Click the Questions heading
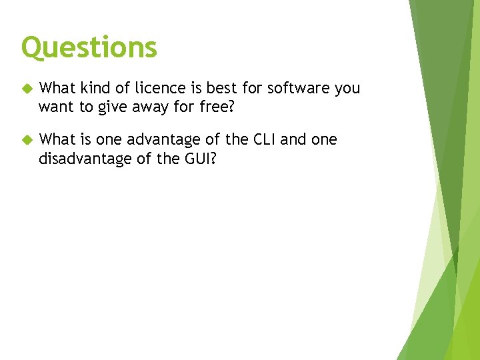click(x=89, y=47)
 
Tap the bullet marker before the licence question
click(x=27, y=88)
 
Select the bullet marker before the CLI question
click(x=27, y=140)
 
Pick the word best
click(x=220, y=88)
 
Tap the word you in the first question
click(x=347, y=89)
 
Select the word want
click(x=55, y=106)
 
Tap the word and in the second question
click(x=294, y=140)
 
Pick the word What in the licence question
click(x=57, y=88)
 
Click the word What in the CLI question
click(x=57, y=140)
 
